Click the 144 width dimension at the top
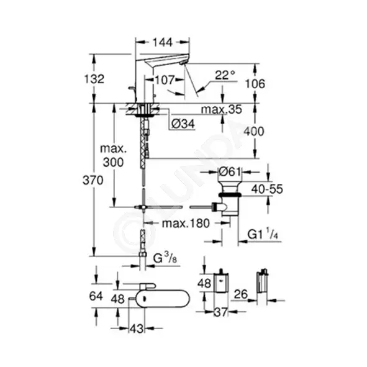click(163, 42)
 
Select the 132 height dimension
click(94, 79)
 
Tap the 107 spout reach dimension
click(165, 80)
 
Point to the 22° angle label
click(225, 75)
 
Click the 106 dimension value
click(255, 84)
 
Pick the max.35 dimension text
click(222, 109)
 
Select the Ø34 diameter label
click(183, 124)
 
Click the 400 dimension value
click(254, 132)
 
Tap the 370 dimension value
click(93, 181)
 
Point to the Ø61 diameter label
click(230, 172)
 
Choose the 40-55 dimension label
click(267, 189)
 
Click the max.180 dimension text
click(186, 224)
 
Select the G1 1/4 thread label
click(263, 234)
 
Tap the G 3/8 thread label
click(165, 258)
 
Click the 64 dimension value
click(96, 296)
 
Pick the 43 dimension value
click(137, 328)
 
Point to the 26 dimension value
click(240, 294)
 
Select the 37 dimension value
click(220, 312)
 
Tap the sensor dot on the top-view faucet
click(144, 299)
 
